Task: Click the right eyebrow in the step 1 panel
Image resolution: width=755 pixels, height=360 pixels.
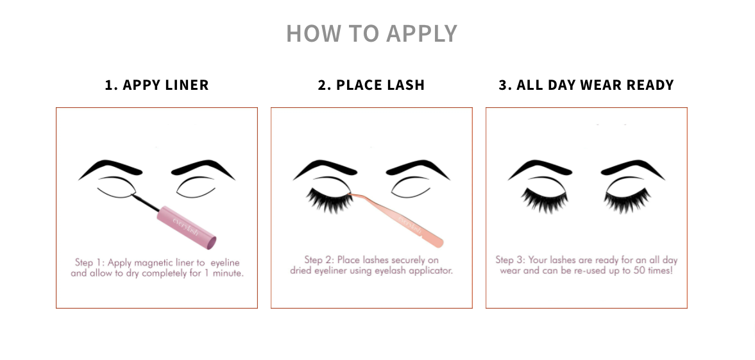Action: (x=203, y=168)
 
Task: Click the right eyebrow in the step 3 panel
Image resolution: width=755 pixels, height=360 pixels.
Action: (x=632, y=168)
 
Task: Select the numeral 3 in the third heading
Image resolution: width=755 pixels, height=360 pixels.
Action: (x=503, y=85)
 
